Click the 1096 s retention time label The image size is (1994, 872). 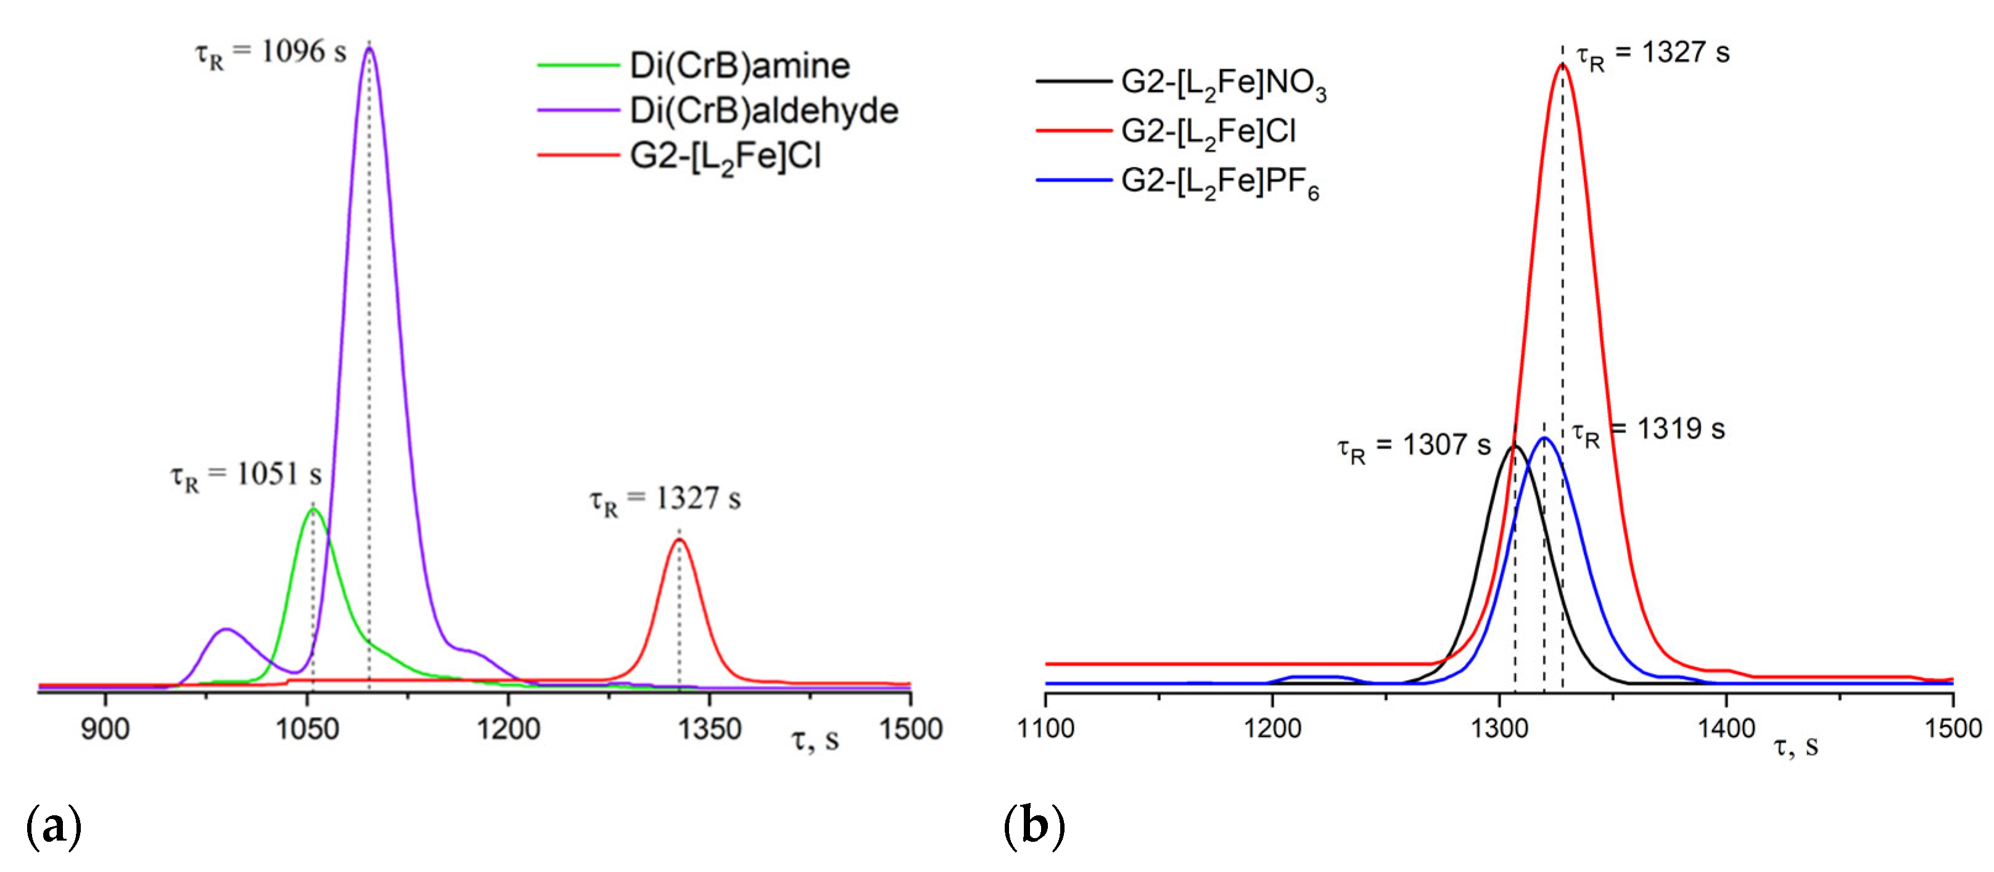pyautogui.click(x=271, y=52)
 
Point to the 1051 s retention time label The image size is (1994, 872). pyautogui.click(x=246, y=475)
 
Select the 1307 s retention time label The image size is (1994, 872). pyautogui.click(x=1414, y=446)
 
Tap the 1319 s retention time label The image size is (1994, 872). pyautogui.click(x=1649, y=430)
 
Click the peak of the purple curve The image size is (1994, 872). pyautogui.click(x=369, y=48)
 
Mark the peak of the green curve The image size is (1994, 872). pyautogui.click(x=313, y=509)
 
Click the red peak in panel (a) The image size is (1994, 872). pyautogui.click(x=680, y=539)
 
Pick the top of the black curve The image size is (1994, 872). pyautogui.click(x=1514, y=446)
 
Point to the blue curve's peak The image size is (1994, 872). pyautogui.click(x=1545, y=438)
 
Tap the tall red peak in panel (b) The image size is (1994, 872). pyautogui.click(x=1562, y=64)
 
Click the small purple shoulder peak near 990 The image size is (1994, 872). pyautogui.click(x=225, y=629)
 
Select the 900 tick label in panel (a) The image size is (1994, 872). pyautogui.click(x=105, y=729)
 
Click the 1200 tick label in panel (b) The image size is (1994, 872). pyautogui.click(x=1272, y=729)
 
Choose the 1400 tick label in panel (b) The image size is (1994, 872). pyautogui.click(x=1726, y=729)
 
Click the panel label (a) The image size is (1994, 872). pyautogui.click(x=54, y=826)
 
